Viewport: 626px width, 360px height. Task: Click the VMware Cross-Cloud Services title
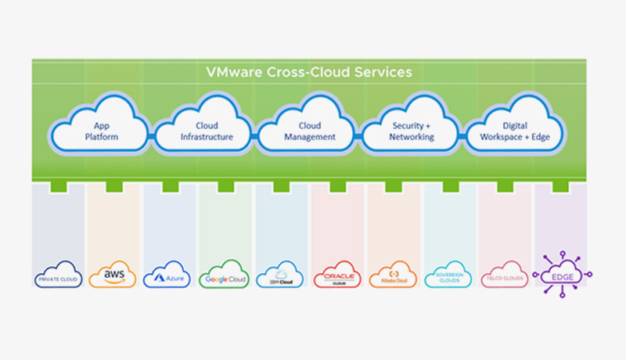coord(308,72)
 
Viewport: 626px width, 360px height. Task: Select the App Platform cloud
coord(99,130)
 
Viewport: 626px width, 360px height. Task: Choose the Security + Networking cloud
coord(412,130)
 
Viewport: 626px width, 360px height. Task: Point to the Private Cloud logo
coord(59,275)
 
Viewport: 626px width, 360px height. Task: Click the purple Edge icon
coord(561,275)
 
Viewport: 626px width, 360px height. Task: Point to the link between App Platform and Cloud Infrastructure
coord(151,135)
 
